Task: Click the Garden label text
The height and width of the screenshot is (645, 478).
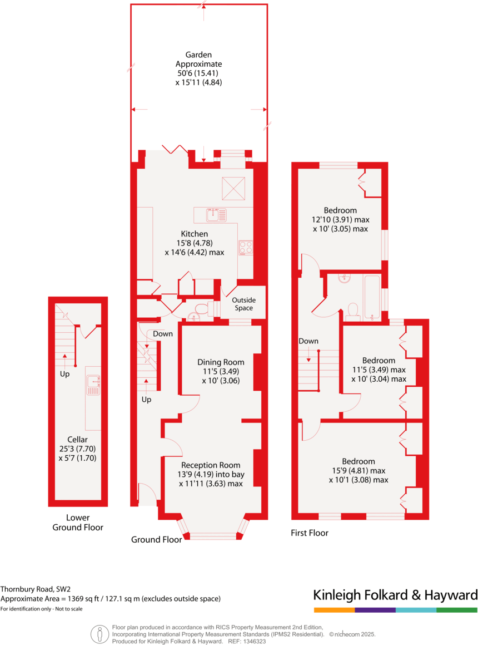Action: (198, 55)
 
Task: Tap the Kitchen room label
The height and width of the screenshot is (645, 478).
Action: (194, 234)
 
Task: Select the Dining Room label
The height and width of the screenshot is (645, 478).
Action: (221, 362)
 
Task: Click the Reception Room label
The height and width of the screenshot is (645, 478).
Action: (211, 465)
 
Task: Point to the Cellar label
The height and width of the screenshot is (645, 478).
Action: (78, 439)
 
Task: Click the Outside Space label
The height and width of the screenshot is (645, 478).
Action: (243, 304)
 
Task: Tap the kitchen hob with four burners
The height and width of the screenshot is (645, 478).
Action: (246, 247)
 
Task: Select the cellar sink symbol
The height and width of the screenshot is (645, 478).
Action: (92, 383)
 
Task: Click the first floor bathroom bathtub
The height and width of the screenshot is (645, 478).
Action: (371, 298)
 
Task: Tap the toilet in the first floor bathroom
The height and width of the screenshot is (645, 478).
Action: (352, 311)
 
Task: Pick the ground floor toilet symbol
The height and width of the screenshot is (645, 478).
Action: (203, 308)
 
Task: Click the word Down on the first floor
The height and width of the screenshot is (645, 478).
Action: (308, 341)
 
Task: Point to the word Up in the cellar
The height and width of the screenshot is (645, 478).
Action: (64, 374)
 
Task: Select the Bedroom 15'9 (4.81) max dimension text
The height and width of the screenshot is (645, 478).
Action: (358, 470)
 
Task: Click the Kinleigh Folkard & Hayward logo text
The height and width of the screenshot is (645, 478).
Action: (395, 594)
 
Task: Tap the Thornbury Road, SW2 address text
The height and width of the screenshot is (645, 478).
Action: (36, 589)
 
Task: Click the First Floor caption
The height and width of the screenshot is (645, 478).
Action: (310, 533)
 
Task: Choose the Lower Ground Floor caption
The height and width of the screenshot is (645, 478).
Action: (78, 523)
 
